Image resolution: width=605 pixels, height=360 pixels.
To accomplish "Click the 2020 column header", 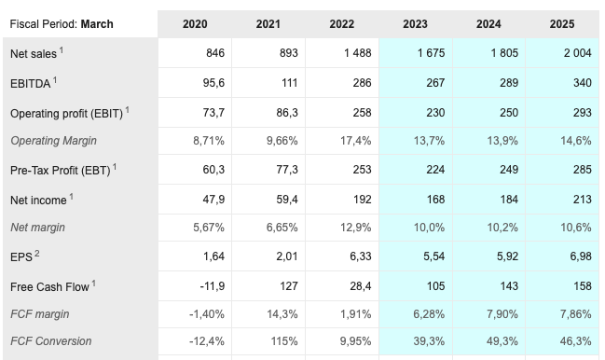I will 195,23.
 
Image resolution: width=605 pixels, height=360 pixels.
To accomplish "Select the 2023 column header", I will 416,23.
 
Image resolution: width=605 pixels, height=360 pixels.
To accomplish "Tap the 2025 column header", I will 562,23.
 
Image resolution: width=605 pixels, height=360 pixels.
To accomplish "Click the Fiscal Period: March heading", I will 62,23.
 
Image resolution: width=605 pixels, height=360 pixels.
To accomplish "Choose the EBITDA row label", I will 34,83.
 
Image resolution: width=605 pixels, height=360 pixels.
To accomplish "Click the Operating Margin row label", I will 53,141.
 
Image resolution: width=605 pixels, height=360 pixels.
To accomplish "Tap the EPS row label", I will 25,257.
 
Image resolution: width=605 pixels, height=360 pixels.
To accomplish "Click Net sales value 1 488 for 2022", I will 357,53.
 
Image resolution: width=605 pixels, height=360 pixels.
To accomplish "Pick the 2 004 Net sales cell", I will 577,53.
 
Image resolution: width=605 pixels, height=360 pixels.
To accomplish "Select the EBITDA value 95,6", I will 212,83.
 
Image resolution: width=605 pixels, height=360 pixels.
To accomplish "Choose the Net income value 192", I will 362,200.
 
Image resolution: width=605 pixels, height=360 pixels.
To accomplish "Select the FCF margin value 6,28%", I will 428,315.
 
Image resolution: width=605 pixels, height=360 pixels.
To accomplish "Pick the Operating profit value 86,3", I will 285,112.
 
